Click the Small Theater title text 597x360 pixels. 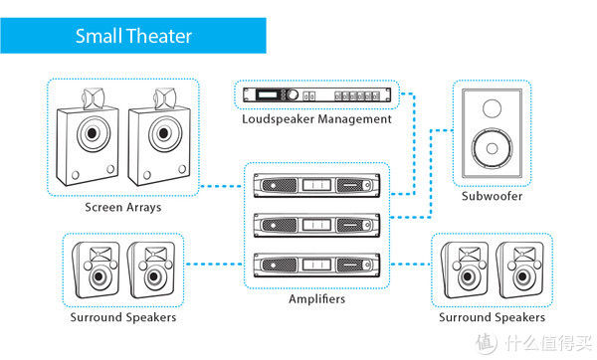coord(133,36)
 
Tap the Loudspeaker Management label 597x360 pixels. coord(316,119)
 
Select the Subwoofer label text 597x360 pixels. coord(492,196)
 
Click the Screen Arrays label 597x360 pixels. coord(123,208)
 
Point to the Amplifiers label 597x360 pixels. coord(316,298)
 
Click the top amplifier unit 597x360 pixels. coord(316,185)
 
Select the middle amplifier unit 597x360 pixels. coord(316,225)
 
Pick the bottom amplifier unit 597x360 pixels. coord(316,265)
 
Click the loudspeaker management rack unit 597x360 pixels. coord(316,94)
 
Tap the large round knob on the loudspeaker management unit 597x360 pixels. coord(293,94)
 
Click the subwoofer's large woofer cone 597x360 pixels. coord(492,148)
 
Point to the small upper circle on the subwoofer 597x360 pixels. coord(492,108)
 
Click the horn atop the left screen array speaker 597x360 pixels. coord(93,98)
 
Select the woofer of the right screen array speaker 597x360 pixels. coord(164,133)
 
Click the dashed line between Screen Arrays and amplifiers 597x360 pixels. coord(221,187)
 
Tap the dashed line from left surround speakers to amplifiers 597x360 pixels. coord(214,264)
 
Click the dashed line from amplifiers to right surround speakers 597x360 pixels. coord(410,264)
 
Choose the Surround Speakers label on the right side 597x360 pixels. coord(492,317)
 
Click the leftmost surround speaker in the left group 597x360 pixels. coord(96,270)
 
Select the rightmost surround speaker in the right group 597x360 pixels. coord(519,270)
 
